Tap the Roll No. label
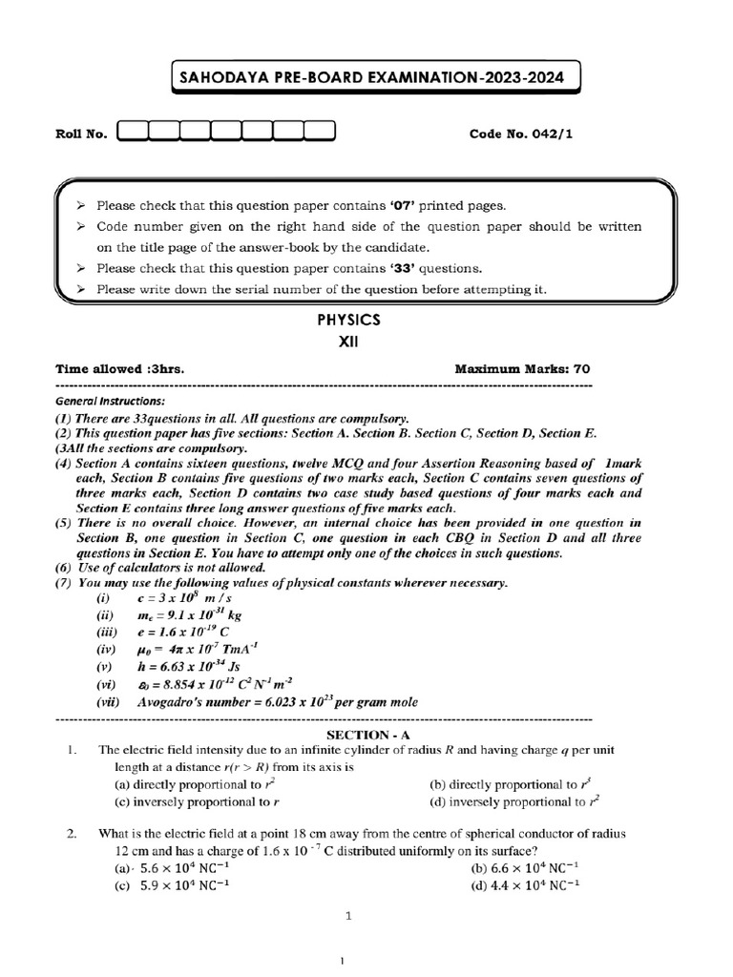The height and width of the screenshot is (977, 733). tap(81, 134)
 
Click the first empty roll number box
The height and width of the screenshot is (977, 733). tap(133, 133)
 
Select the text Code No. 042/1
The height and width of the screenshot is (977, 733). tap(521, 134)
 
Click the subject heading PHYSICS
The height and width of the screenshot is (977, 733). tap(348, 322)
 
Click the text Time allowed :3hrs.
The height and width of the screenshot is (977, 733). tap(120, 368)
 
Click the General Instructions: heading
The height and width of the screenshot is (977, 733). tap(110, 401)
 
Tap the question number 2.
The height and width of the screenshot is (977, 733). tap(72, 834)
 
